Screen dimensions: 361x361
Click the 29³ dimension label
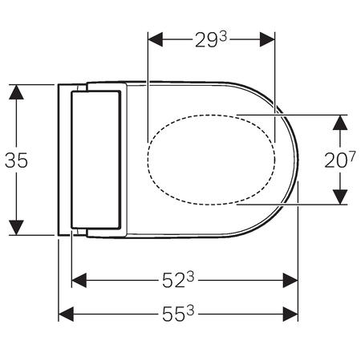pos(211,39)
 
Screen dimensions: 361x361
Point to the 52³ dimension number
pos(179,280)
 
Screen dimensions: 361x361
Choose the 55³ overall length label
pos(179,314)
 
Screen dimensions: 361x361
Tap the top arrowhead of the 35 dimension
pos(16,91)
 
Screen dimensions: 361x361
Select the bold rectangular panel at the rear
pos(95,160)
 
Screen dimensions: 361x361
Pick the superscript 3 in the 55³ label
pos(191,308)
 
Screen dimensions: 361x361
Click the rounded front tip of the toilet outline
pos(297,160)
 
